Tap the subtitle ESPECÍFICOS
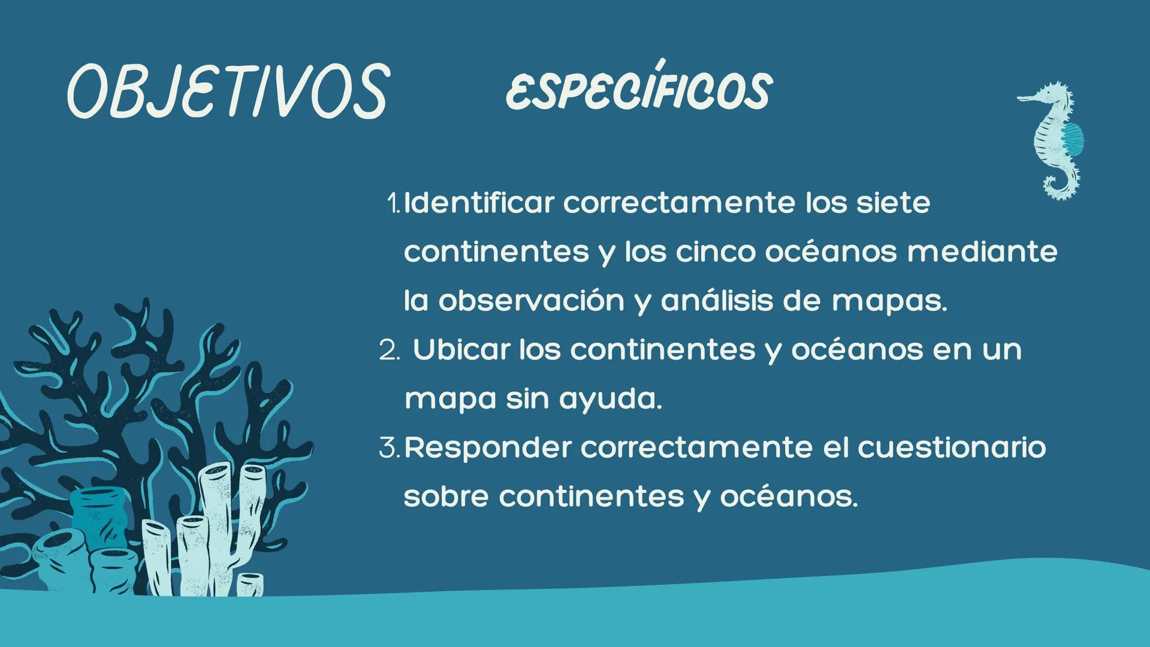pos(639,91)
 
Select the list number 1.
pos(394,204)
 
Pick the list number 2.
pos(389,351)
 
